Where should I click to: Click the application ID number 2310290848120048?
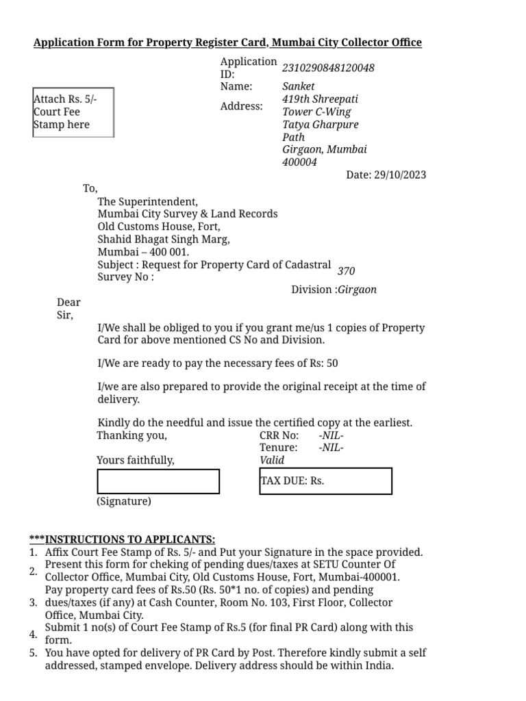[328, 68]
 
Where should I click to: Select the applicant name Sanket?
[299, 86]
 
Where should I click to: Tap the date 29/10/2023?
[400, 175]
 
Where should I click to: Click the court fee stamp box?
[73, 112]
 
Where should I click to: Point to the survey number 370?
[346, 271]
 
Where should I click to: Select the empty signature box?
[158, 481]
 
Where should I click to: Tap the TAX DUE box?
[325, 481]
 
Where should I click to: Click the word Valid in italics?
[272, 460]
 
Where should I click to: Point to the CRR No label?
[279, 435]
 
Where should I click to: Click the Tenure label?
[278, 448]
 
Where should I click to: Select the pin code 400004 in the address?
[300, 162]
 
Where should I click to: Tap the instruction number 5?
[33, 653]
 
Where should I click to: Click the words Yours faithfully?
[136, 460]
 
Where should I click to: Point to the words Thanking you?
[131, 435]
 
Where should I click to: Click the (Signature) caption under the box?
[124, 501]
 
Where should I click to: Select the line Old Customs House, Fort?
[160, 227]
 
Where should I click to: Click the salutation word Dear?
[68, 303]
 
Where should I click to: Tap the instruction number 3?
[33, 602]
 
